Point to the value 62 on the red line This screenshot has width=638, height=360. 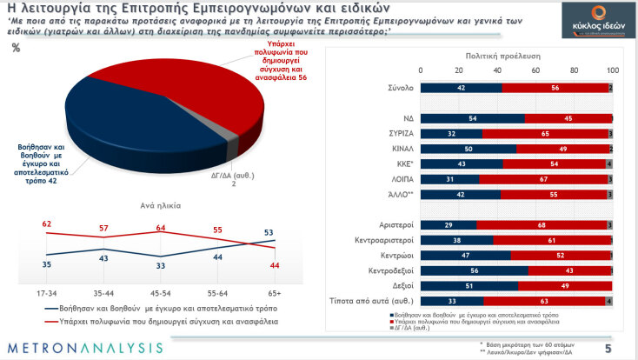(x=46, y=224)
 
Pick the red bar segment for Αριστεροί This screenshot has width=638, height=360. (x=541, y=224)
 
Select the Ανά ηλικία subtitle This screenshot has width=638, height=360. (x=161, y=206)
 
